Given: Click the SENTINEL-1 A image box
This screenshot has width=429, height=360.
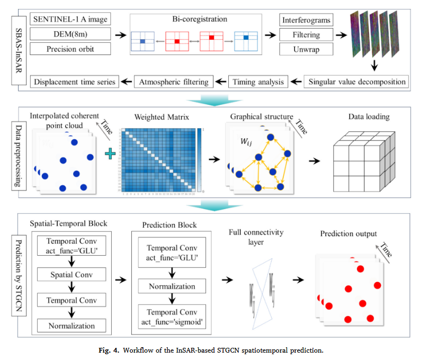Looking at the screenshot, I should [70, 20].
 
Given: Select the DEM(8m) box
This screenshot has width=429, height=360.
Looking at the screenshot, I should [70, 34].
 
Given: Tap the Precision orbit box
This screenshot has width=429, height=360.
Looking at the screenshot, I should [70, 49].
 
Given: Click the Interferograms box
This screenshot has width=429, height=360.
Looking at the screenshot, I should [306, 20].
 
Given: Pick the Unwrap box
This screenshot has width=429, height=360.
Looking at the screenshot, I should [306, 50].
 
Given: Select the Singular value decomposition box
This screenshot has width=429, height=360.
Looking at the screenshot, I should [358, 82].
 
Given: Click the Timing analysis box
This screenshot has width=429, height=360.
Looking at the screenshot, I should [258, 82].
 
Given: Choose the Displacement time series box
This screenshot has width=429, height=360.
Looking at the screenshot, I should [74, 82].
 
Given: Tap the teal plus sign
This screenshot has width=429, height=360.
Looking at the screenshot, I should [110, 154].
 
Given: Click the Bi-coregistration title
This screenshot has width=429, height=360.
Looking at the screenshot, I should [200, 20].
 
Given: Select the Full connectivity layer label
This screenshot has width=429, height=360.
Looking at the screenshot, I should [258, 237].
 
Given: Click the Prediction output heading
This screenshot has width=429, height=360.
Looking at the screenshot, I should [348, 233].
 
